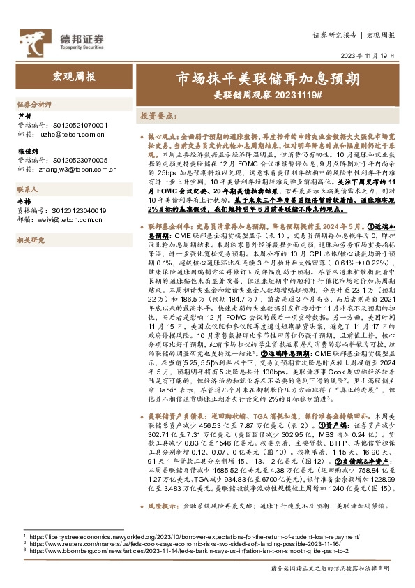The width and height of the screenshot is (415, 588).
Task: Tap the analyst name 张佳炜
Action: [28, 152]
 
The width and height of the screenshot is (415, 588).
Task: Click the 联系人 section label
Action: [27, 189]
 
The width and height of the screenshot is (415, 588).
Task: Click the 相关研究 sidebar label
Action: [30, 240]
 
